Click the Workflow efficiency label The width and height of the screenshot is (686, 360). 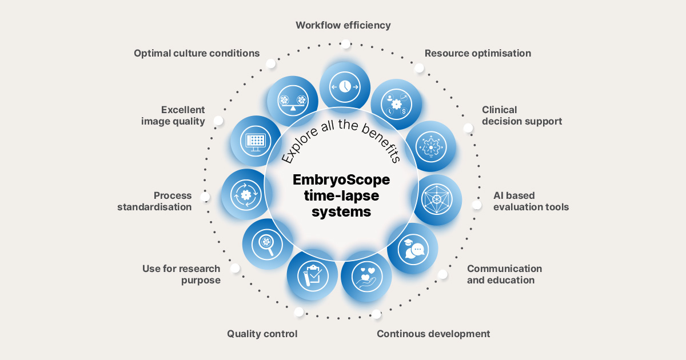tap(343, 25)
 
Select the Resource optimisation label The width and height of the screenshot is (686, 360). tap(477, 53)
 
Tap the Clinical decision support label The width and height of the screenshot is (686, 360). tap(521, 115)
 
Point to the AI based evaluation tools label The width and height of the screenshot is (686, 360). tap(531, 201)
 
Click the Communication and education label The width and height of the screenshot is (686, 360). tap(504, 274)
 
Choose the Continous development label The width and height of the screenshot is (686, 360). tap(433, 334)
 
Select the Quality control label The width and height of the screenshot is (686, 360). tap(262, 334)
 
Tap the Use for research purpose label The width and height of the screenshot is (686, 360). tap(181, 274)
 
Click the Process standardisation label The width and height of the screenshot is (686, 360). tap(154, 201)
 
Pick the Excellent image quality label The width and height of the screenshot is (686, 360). tap(173, 115)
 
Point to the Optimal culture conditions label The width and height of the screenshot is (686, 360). tap(197, 53)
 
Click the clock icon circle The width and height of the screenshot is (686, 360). tap(345, 86)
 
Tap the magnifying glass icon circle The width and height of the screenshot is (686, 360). tap(266, 243)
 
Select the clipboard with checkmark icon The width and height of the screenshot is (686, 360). tap(312, 275)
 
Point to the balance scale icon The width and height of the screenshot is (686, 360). tap(293, 101)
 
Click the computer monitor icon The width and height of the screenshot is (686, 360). tap(256, 140)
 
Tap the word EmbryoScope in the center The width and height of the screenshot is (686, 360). tap(341, 180)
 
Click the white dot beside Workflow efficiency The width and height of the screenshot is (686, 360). tap(345, 43)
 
